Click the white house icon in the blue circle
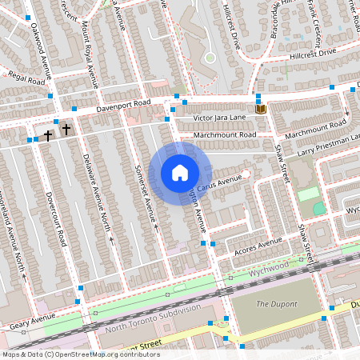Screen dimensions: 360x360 click(x=179, y=173)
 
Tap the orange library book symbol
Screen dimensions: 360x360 click(x=260, y=108)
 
